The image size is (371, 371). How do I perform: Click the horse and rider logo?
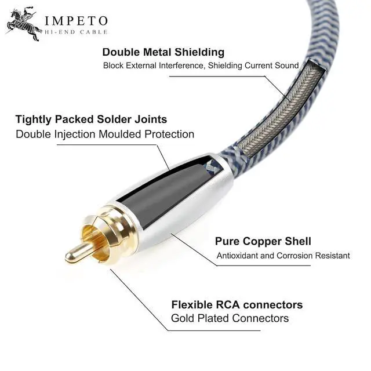[x=23, y=24]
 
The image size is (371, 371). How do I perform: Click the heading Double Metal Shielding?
[x=163, y=52]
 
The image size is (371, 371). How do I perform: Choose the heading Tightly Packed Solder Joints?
[x=91, y=119]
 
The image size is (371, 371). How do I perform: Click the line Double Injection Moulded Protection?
[x=105, y=134]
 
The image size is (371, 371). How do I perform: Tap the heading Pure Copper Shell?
[x=263, y=241]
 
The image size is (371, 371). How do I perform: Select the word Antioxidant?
[x=239, y=256]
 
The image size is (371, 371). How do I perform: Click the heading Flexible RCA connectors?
[x=237, y=304]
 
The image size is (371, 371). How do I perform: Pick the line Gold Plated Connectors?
[x=230, y=318]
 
